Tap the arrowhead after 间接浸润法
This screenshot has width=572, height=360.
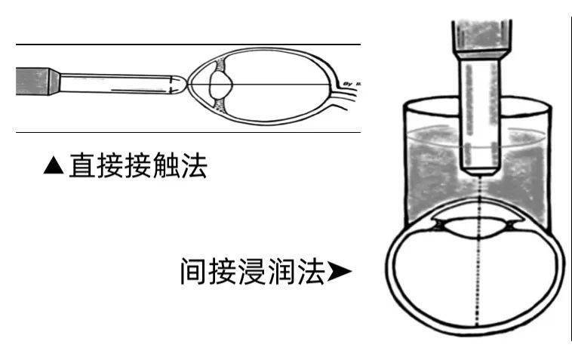339,271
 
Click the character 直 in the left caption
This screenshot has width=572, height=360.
82,166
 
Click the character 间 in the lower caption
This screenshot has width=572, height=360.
193,271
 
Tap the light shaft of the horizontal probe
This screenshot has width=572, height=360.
113,82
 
